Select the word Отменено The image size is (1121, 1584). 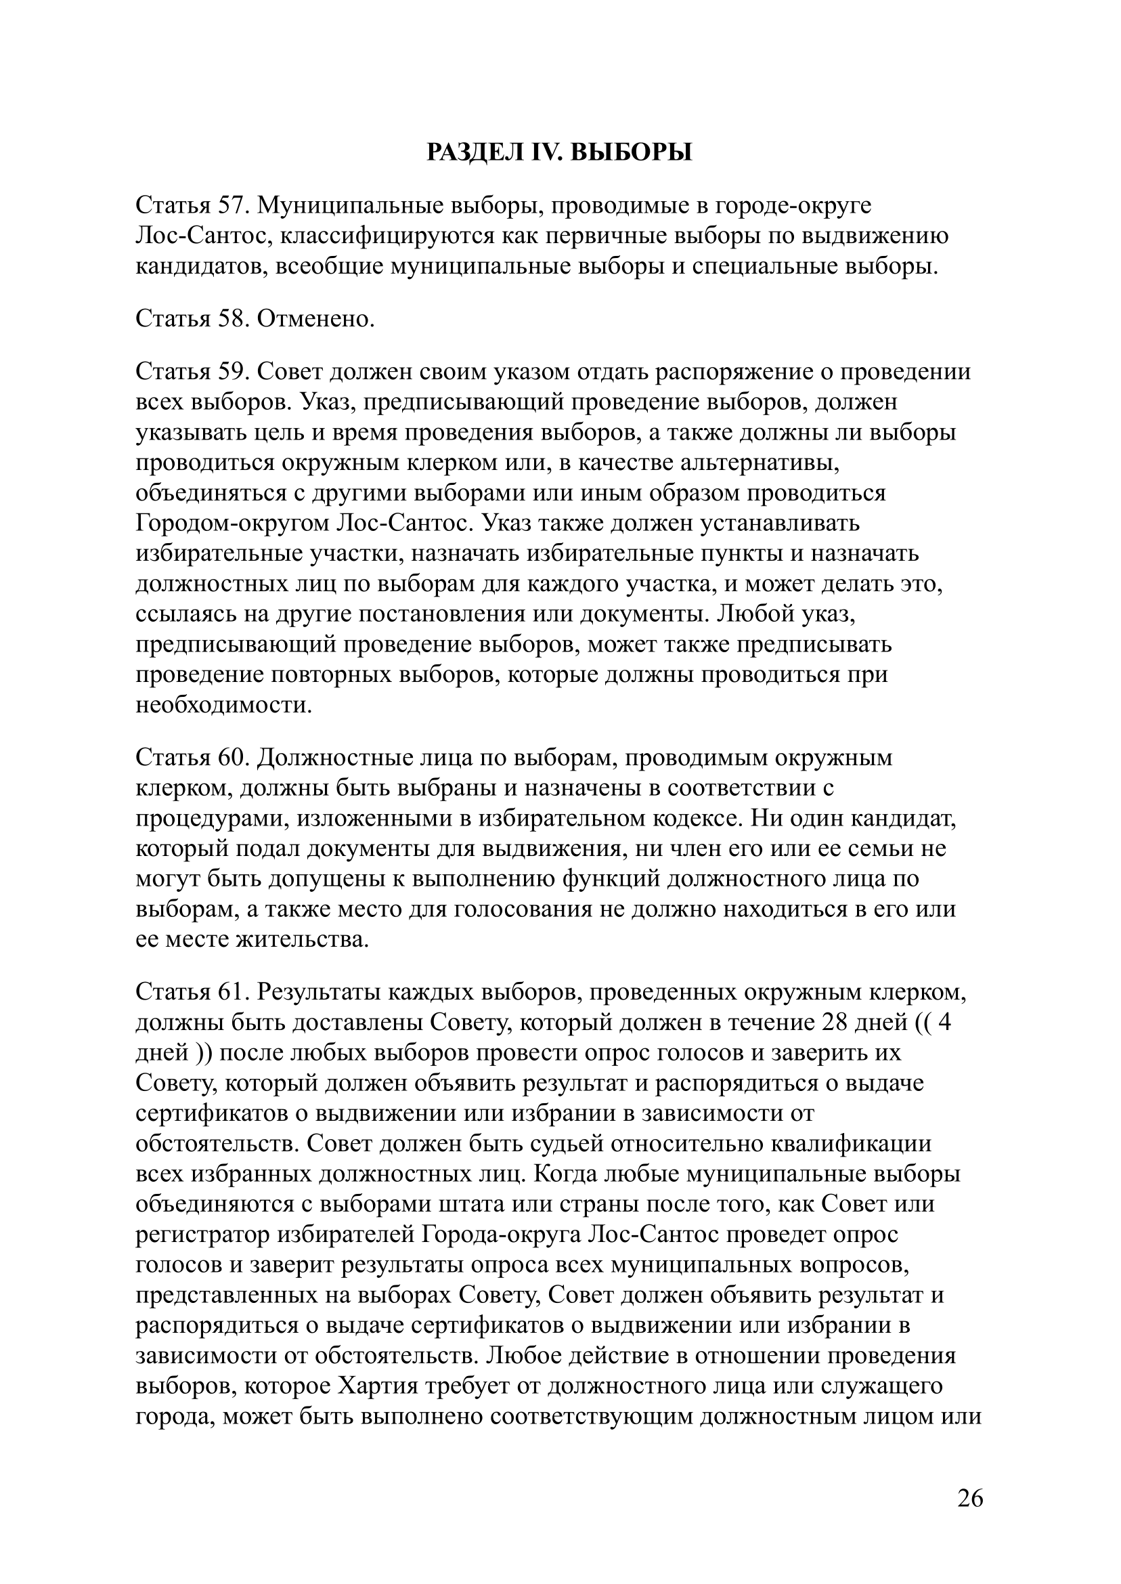point(316,318)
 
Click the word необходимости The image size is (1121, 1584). point(223,705)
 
